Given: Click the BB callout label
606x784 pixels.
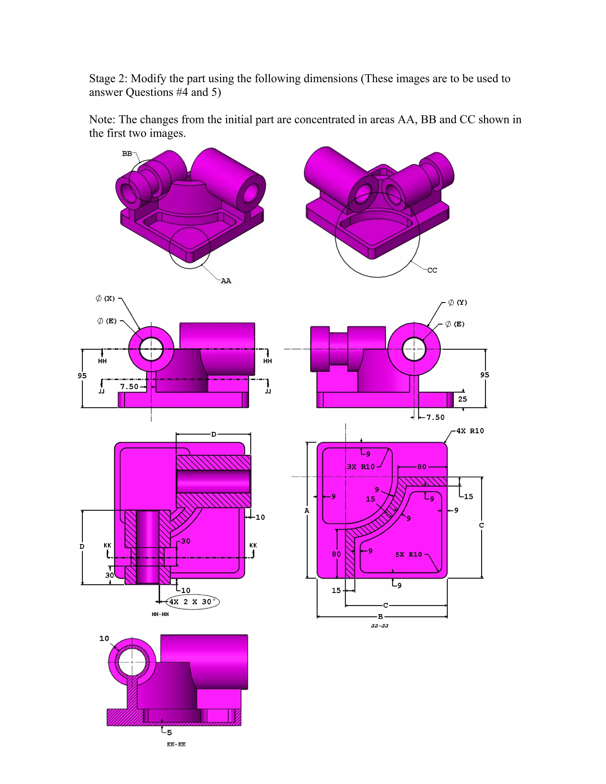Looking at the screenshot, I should [127, 154].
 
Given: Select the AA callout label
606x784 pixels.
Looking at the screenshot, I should [226, 281].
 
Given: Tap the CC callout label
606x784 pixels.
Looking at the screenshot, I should [432, 270].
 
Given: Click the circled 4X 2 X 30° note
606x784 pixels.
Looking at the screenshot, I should [193, 602].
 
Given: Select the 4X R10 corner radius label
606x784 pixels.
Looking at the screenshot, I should [470, 431].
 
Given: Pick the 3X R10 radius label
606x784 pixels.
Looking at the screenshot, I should [361, 467].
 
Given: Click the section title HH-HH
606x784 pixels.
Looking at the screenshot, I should [160, 614].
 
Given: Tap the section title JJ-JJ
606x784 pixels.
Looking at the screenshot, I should [380, 626].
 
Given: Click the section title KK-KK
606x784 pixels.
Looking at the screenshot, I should [176, 744].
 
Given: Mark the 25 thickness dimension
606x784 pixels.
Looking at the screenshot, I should [462, 399].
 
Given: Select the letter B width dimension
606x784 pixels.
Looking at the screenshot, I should [380, 617].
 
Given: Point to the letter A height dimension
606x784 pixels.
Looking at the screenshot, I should [307, 510].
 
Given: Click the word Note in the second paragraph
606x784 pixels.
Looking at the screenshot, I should [101, 120].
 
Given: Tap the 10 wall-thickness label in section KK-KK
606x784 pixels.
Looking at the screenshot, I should [104, 638].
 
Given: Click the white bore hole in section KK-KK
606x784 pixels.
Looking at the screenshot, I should [132, 662].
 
